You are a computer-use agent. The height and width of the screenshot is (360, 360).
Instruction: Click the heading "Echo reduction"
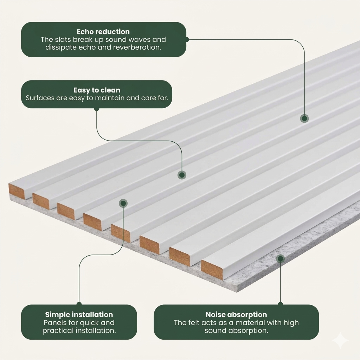103,32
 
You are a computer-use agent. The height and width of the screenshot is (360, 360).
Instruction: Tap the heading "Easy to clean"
97,90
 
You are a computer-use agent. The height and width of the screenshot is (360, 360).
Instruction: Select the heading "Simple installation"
79,315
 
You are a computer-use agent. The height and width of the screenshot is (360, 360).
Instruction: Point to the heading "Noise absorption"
236,315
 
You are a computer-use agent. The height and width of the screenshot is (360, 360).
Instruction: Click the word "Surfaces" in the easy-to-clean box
40,97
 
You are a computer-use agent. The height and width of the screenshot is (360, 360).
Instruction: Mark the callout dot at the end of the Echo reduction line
304,118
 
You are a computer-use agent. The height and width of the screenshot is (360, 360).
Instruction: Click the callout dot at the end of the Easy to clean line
182,174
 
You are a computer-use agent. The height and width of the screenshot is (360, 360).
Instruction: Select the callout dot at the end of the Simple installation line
123,203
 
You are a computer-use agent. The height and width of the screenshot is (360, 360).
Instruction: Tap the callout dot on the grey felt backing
280,259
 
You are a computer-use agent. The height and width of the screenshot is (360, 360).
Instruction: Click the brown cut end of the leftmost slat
17,191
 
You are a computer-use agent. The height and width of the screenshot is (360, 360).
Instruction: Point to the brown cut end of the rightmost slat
212,270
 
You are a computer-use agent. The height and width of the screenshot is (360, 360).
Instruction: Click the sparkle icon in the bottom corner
340,340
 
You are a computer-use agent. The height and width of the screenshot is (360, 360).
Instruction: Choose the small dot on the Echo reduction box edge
187,39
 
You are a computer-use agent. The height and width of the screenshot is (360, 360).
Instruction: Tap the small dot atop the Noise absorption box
280,304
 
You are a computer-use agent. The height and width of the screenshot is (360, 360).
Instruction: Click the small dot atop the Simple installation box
79,304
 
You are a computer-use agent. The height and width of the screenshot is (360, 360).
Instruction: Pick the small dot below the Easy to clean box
97,109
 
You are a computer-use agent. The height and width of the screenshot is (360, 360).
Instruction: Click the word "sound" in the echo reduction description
121,40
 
